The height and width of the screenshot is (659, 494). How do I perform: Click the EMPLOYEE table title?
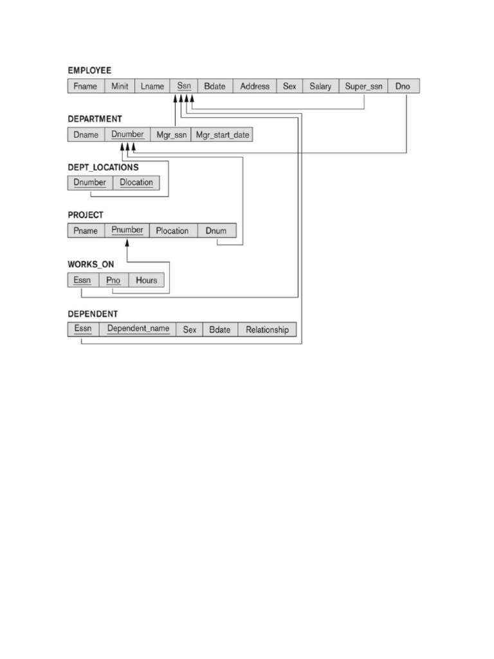coord(89,70)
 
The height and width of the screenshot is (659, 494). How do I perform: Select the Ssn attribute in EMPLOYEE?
coord(184,86)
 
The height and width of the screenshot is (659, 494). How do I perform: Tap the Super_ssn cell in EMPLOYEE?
coord(363,86)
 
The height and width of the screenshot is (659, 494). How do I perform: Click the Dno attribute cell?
coord(403,86)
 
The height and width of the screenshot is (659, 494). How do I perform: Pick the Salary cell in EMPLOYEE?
coord(320,86)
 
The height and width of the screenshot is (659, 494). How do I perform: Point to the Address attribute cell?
coord(255,86)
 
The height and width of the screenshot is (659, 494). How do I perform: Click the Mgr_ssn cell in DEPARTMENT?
coord(171,135)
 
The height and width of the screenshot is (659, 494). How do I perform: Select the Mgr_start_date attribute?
coord(223,135)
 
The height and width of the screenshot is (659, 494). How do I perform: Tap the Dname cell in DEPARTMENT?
coord(86,135)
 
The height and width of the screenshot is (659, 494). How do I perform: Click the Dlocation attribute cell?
coord(136,183)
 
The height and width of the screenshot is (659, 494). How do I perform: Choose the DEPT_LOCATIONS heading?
coord(103,167)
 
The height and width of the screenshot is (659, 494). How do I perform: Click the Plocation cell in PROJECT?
coord(172,231)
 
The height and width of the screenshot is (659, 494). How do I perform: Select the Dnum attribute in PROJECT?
coord(217,231)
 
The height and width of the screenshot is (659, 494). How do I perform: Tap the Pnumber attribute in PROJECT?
coord(127,230)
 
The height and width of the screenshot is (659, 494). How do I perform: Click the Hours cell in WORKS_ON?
coord(147,281)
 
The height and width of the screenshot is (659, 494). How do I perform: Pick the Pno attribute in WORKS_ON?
coord(114,281)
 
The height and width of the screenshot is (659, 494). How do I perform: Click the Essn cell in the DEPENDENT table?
coord(83,329)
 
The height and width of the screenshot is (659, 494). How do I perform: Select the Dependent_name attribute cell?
coord(138,329)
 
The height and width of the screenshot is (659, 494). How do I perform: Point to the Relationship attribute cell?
coord(267,329)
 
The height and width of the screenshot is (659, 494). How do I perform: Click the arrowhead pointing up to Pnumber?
coord(127,243)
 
